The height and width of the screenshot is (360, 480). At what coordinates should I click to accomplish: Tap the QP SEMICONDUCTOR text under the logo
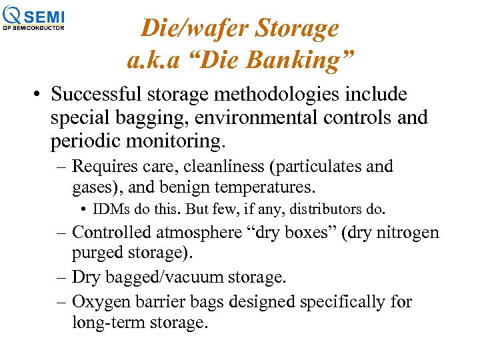coord(33,28)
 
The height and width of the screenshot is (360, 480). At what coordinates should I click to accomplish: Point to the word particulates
coord(325,167)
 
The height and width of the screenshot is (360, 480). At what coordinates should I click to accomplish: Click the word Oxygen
coord(101,302)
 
